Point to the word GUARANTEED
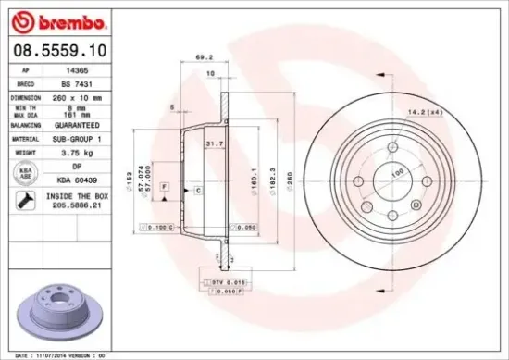[72, 124]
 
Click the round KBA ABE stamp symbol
[21, 172]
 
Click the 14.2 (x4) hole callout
[423, 113]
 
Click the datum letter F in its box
[164, 187]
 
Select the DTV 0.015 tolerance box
[219, 281]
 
